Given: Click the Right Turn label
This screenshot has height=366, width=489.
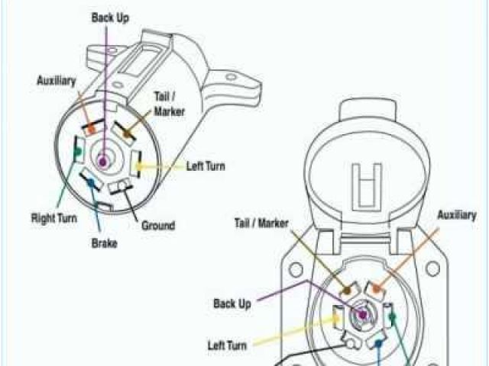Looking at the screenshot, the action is coord(53,217).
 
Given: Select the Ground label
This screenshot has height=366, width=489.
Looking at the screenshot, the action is coord(158,226).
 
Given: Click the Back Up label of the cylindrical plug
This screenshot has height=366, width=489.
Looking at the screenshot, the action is coord(110,17).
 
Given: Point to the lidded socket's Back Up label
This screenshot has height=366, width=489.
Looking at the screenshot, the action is coord(232,303).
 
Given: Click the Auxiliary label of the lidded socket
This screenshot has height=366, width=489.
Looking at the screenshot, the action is coord(457,216).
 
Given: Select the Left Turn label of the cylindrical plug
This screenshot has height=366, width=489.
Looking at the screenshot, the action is coord(206,165).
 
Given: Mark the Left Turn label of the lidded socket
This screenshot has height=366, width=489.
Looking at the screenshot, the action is coord(228,345).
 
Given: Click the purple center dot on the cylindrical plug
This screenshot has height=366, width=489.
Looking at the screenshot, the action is coord(102,159).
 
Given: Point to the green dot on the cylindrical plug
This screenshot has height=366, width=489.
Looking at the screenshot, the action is coord(77,151).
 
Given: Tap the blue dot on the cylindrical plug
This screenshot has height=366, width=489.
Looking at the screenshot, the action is coord(92,183).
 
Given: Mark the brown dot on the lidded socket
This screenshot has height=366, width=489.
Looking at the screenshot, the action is coord(348,291).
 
